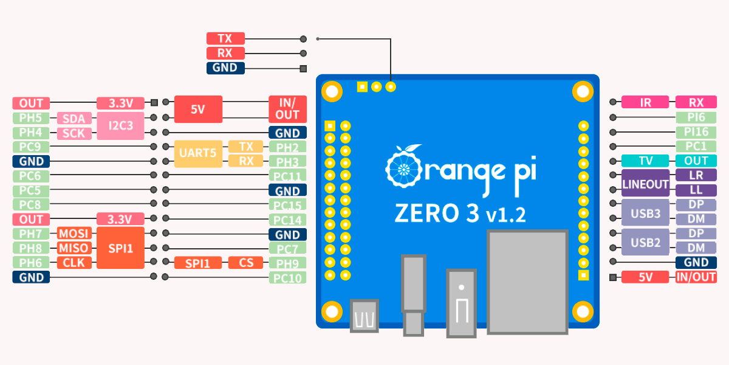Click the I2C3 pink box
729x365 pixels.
(x=120, y=126)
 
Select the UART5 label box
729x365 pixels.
(x=198, y=153)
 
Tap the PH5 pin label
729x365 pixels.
(x=31, y=118)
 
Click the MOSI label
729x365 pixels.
(x=74, y=234)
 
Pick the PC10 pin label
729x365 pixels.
(x=288, y=278)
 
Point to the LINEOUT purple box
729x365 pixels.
(x=645, y=183)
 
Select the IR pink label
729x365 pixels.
(x=645, y=102)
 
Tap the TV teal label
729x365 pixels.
(x=645, y=161)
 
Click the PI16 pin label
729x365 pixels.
(x=696, y=132)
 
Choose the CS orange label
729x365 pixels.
(x=245, y=263)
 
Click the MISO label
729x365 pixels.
(x=74, y=248)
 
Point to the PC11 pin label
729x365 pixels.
(x=288, y=176)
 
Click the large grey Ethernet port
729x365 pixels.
(x=527, y=282)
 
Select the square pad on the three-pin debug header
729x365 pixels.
(x=362, y=87)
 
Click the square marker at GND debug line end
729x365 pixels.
(x=303, y=69)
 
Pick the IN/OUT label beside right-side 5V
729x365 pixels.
(x=696, y=277)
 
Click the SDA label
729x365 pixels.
(x=74, y=118)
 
